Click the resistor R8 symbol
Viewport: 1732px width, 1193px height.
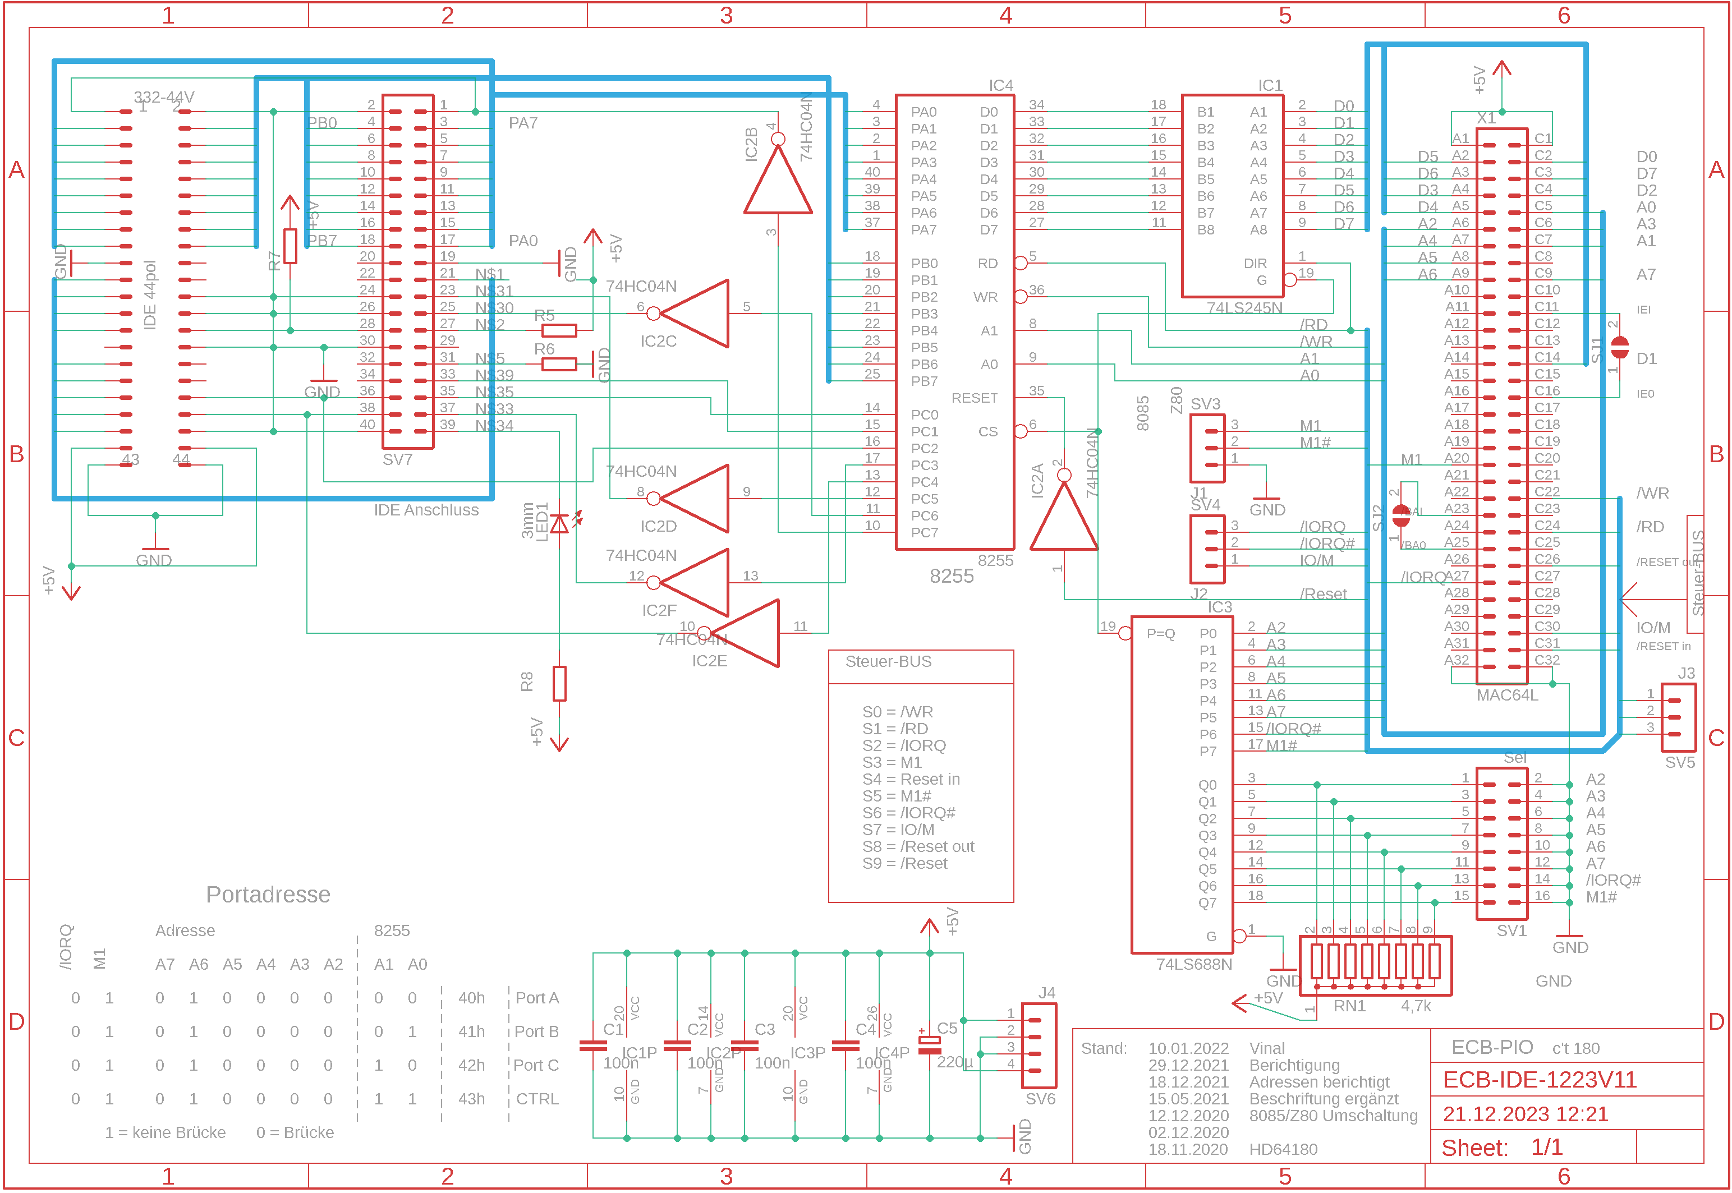pyautogui.click(x=559, y=683)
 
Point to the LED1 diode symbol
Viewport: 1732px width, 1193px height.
pyautogui.click(x=559, y=524)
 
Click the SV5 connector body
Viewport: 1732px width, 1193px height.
pyautogui.click(x=1678, y=717)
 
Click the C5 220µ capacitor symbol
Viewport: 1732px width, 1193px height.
pyautogui.click(x=929, y=1044)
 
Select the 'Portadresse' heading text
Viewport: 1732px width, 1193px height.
pyautogui.click(x=268, y=895)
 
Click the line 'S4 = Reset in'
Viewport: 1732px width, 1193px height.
pyautogui.click(x=911, y=779)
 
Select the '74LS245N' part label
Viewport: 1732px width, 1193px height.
pyautogui.click(x=1244, y=307)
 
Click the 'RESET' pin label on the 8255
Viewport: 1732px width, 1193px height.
pyautogui.click(x=973, y=398)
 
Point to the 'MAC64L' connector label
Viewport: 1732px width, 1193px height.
pyautogui.click(x=1506, y=695)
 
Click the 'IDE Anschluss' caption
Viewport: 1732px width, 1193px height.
pyautogui.click(x=426, y=510)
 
